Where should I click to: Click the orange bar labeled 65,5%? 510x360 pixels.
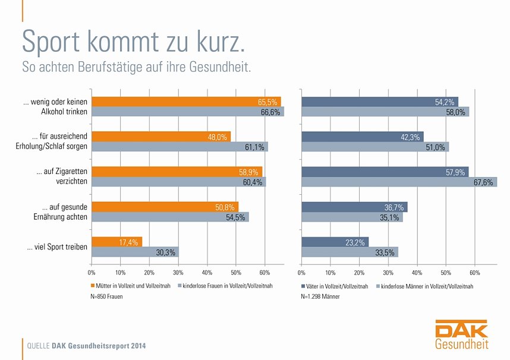(x=186, y=102)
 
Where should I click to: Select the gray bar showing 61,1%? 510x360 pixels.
(x=180, y=147)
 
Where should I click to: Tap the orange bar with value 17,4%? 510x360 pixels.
(x=117, y=242)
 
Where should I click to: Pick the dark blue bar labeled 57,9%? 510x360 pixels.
(x=385, y=172)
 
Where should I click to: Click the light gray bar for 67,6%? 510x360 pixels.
(x=399, y=182)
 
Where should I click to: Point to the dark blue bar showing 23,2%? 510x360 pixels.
(x=335, y=242)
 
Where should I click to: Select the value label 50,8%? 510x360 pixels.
(x=226, y=207)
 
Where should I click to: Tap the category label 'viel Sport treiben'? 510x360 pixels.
(x=57, y=247)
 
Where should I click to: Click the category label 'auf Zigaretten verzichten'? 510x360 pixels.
(x=62, y=176)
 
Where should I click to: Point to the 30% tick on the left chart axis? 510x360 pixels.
(x=178, y=272)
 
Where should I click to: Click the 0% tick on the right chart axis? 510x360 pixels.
(x=301, y=272)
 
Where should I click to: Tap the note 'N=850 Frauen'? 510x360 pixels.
(x=107, y=296)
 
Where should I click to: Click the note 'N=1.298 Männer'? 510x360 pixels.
(x=320, y=296)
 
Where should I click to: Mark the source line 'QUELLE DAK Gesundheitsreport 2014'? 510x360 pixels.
(x=86, y=346)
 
